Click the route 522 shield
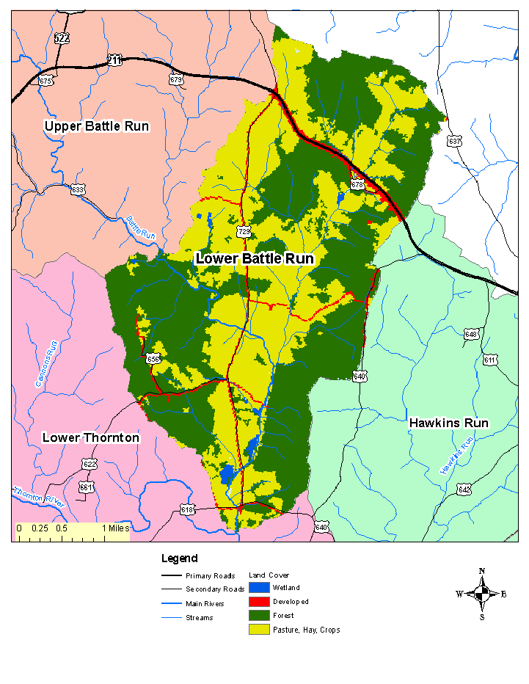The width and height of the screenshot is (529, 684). tap(62, 37)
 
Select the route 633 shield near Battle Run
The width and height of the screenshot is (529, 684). tap(78, 189)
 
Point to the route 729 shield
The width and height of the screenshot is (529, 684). tap(244, 231)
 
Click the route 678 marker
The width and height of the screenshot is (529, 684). tap(357, 185)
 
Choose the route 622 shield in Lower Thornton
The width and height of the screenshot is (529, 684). tap(90, 464)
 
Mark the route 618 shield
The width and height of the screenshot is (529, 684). tap(188, 510)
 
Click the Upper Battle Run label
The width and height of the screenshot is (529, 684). tap(96, 126)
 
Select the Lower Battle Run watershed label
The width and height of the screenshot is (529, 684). tap(254, 258)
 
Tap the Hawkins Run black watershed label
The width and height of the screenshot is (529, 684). tap(448, 423)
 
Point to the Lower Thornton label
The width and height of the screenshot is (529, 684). tap(90, 437)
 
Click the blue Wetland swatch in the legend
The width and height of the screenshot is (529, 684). tap(259, 588)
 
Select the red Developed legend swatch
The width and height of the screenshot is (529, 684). tap(259, 602)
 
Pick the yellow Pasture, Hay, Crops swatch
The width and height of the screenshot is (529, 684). tap(259, 630)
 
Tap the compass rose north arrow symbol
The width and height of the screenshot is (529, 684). tap(482, 593)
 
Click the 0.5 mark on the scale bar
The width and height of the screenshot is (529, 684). tap(61, 528)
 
